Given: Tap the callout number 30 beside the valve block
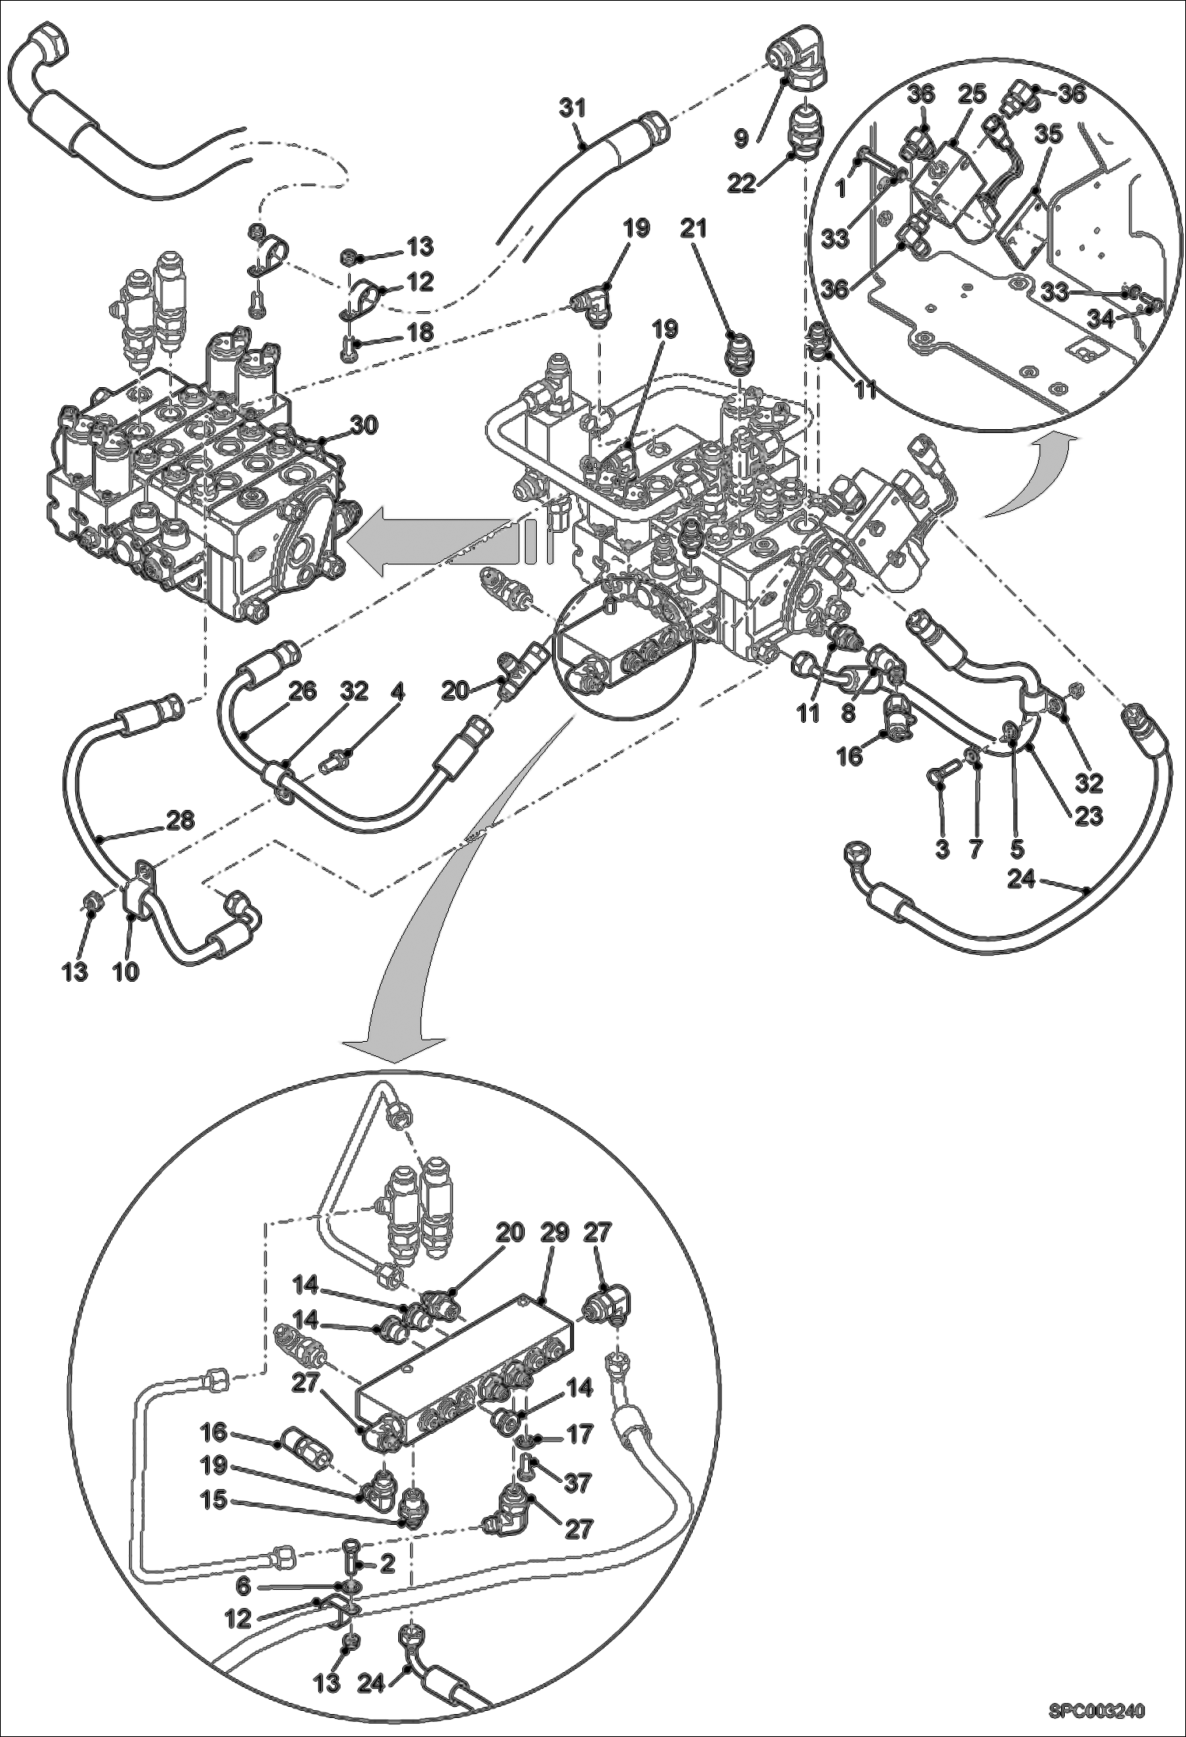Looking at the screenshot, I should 366,425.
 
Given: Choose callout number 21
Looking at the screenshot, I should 693,229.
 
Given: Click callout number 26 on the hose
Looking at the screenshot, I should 302,691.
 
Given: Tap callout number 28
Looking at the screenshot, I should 181,819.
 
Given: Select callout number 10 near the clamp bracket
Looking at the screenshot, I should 126,971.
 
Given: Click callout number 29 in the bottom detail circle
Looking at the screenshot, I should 555,1233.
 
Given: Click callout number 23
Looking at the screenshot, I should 1088,815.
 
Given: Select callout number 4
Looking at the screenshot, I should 397,691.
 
